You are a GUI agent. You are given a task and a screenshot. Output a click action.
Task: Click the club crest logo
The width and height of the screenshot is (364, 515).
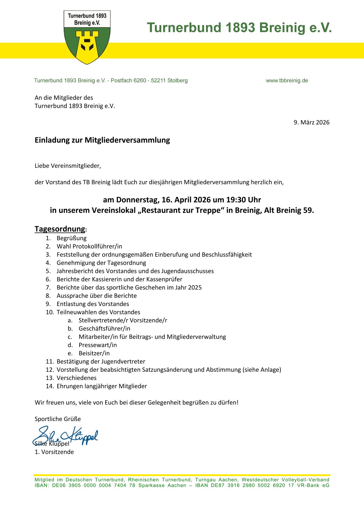tap(87, 37)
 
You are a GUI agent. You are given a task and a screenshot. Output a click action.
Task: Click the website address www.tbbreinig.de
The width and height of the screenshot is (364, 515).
tap(287, 80)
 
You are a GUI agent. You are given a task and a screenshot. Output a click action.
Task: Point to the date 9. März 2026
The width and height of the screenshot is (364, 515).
tap(311, 122)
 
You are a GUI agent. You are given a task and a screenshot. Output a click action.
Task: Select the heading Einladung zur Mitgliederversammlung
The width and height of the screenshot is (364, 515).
tap(102, 140)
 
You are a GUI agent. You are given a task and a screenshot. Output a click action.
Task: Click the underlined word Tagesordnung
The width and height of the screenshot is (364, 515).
tap(60, 229)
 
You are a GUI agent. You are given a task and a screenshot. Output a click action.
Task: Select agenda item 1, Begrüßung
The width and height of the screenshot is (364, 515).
tap(72, 238)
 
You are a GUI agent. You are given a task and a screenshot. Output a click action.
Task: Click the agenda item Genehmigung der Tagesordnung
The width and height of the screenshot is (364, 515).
tap(101, 263)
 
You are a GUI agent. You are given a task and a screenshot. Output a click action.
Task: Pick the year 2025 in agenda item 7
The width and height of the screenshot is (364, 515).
tap(195, 287)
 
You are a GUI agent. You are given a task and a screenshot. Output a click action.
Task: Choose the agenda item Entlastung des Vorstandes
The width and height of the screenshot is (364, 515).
tap(93, 304)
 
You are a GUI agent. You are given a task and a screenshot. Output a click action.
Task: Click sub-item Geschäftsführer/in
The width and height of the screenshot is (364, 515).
tap(104, 329)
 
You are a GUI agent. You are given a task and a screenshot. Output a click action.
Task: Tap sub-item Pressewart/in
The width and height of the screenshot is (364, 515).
tap(98, 345)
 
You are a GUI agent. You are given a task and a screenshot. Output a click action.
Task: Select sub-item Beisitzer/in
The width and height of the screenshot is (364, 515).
tap(94, 353)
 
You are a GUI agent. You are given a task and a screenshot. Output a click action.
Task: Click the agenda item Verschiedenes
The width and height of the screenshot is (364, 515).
tap(76, 378)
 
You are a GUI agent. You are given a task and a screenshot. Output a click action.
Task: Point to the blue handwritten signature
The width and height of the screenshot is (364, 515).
tap(66, 435)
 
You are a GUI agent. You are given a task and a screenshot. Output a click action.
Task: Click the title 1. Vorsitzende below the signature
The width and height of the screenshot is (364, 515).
tap(54, 452)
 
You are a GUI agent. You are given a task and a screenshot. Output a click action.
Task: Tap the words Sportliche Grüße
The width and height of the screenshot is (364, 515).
tap(58, 419)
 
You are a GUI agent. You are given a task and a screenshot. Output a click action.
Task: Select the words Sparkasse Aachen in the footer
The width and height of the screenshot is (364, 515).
tap(162, 485)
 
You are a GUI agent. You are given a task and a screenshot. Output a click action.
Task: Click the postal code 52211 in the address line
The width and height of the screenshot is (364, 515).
tap(158, 80)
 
